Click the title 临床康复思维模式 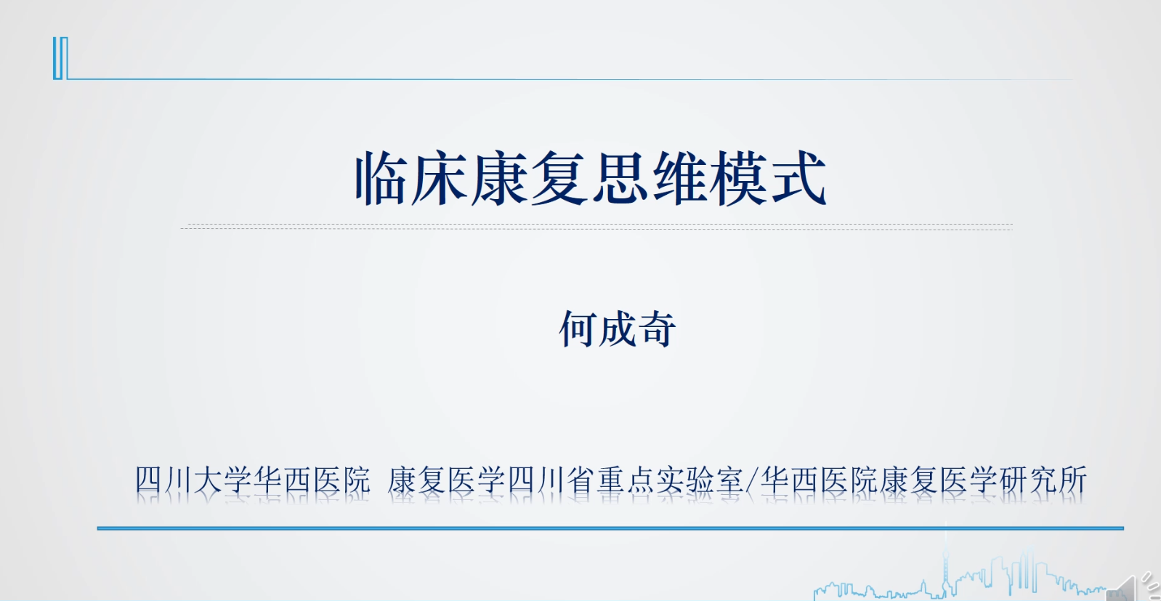(590, 179)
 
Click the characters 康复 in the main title (530, 179)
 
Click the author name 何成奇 (618, 329)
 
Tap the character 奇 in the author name (656, 329)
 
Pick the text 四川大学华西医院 (253, 480)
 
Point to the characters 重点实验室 (670, 480)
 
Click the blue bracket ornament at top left (60, 58)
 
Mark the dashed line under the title (596, 227)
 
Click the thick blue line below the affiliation (610, 528)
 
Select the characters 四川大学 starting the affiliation (194, 480)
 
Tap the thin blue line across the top (567, 78)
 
